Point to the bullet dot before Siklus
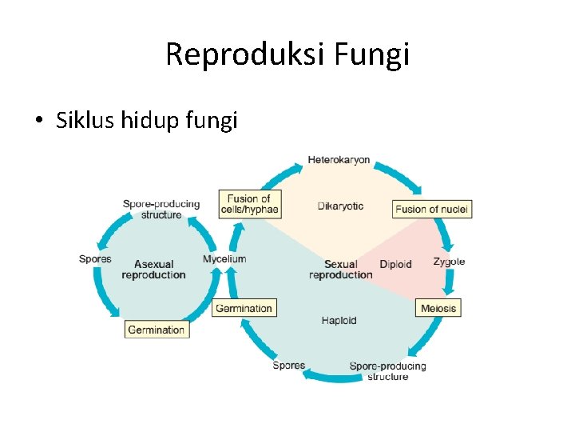pyautogui.click(x=38, y=122)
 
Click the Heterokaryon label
pyautogui.click(x=339, y=160)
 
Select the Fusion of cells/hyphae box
pyautogui.click(x=248, y=204)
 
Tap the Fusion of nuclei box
pyautogui.click(x=432, y=210)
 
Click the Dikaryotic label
pyautogui.click(x=340, y=206)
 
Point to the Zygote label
pyautogui.click(x=449, y=262)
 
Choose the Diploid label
pyautogui.click(x=395, y=265)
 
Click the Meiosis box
pyautogui.click(x=438, y=308)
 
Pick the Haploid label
pyautogui.click(x=339, y=321)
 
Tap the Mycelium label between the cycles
pyautogui.click(x=224, y=259)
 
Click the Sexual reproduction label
pyautogui.click(x=340, y=270)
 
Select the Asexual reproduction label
pyautogui.click(x=153, y=270)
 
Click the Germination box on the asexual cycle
pyautogui.click(x=157, y=330)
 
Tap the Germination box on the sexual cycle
pyautogui.click(x=244, y=308)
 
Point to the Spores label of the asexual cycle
pyautogui.click(x=95, y=258)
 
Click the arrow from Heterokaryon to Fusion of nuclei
pyautogui.click(x=399, y=176)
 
